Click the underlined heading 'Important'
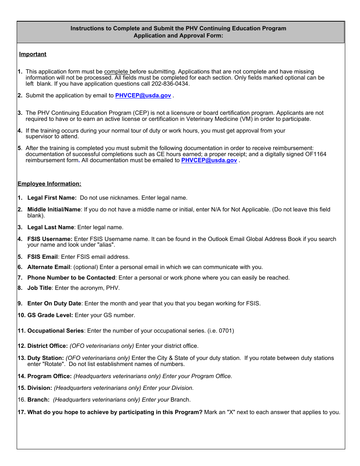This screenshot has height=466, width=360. pyautogui.click(x=33, y=54)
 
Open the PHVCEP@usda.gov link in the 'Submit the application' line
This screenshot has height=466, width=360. pyautogui.click(x=143, y=95)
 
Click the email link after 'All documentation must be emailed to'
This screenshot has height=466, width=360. pyautogui.click(x=209, y=160)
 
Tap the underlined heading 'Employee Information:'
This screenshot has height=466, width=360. pyautogui.click(x=49, y=184)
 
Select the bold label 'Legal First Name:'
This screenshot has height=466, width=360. pyautogui.click(x=52, y=198)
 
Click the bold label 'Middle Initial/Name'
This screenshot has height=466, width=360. pyautogui.click(x=54, y=210)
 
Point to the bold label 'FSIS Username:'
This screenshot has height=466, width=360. pyautogui.click(x=50, y=239)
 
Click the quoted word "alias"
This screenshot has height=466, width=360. pyautogui.click(x=106, y=245)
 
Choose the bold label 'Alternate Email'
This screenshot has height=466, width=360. pyautogui.click(x=49, y=267)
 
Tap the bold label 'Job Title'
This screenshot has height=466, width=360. pyautogui.click(x=39, y=288)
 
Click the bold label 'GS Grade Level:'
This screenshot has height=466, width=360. pyautogui.click(x=50, y=315)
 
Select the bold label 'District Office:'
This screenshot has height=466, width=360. pyautogui.click(x=47, y=346)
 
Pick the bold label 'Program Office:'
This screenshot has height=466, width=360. pyautogui.click(x=49, y=376)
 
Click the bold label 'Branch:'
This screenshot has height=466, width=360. pyautogui.click(x=38, y=400)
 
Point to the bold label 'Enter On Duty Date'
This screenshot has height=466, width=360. pyautogui.click(x=54, y=303)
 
